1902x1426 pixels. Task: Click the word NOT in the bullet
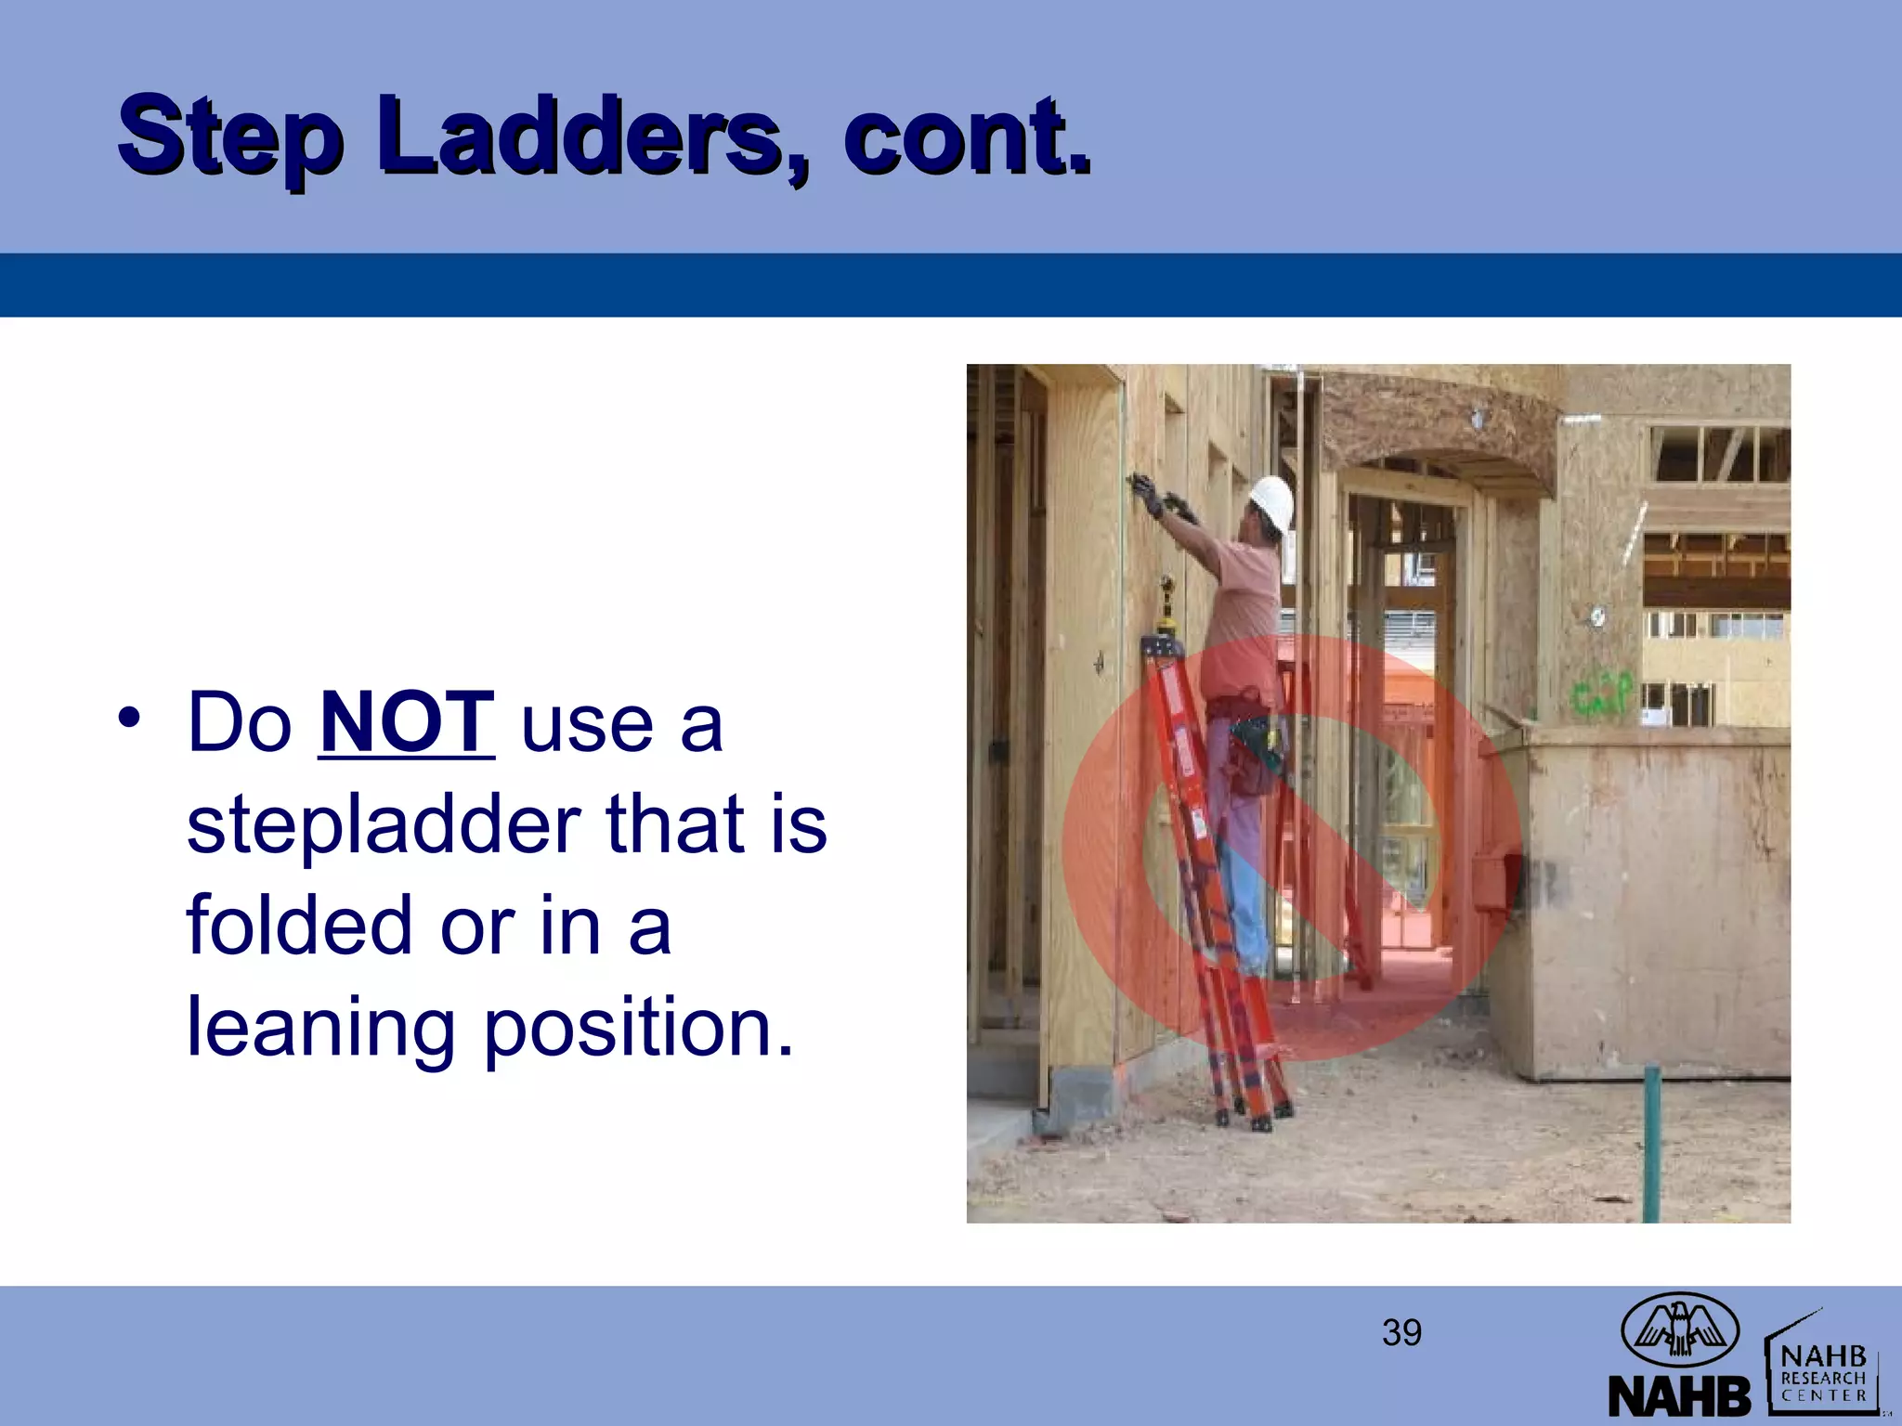[406, 722]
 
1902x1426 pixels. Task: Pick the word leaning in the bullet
[320, 1029]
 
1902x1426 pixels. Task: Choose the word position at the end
[639, 1029]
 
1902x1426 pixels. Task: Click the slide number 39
[1401, 1333]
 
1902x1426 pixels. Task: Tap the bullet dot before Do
[130, 719]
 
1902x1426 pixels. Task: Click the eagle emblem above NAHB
[1679, 1328]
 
